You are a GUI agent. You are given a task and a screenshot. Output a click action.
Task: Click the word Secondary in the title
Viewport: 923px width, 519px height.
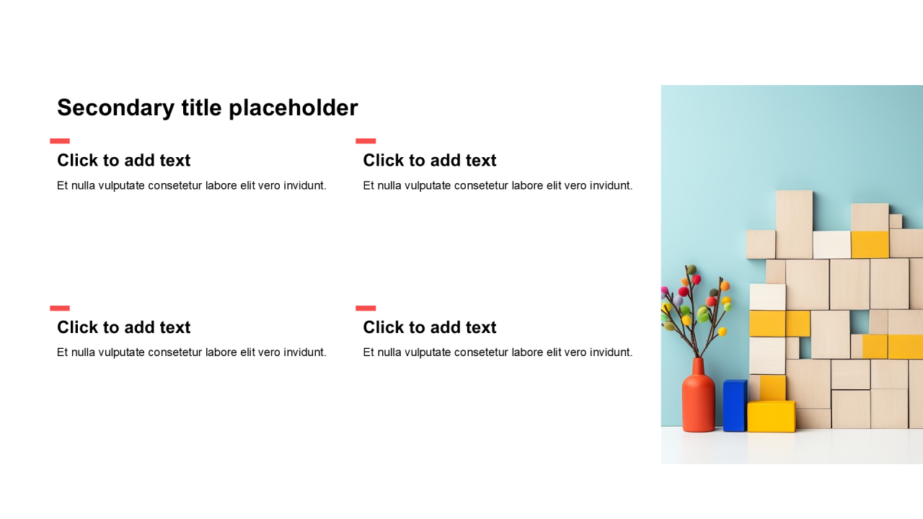click(x=116, y=108)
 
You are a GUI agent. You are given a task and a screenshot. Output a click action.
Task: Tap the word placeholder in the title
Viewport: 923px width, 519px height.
click(x=293, y=108)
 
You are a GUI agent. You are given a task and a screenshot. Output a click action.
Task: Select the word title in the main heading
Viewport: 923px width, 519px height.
click(x=202, y=107)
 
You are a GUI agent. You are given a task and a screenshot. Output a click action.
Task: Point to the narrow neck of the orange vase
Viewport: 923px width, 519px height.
click(x=698, y=365)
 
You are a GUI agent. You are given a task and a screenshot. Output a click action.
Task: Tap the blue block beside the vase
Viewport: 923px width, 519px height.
click(x=735, y=406)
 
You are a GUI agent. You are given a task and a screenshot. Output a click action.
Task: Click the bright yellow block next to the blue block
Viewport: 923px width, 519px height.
click(x=772, y=417)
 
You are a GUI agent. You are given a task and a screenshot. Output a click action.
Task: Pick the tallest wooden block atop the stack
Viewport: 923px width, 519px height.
click(x=795, y=224)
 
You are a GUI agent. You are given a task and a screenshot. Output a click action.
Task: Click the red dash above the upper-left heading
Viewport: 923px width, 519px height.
click(x=60, y=141)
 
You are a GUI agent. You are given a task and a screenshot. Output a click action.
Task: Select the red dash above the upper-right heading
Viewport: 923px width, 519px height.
click(x=366, y=141)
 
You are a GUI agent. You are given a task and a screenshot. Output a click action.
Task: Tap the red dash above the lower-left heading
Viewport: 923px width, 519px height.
click(x=60, y=308)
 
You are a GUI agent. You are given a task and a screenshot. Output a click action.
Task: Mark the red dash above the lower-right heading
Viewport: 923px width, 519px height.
click(x=366, y=308)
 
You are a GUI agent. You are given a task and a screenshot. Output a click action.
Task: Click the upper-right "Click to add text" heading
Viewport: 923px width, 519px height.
click(x=430, y=160)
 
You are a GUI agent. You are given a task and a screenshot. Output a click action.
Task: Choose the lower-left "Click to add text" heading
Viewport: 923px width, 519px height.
click(x=123, y=327)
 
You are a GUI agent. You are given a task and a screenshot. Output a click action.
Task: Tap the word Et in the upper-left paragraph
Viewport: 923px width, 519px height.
click(x=62, y=186)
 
